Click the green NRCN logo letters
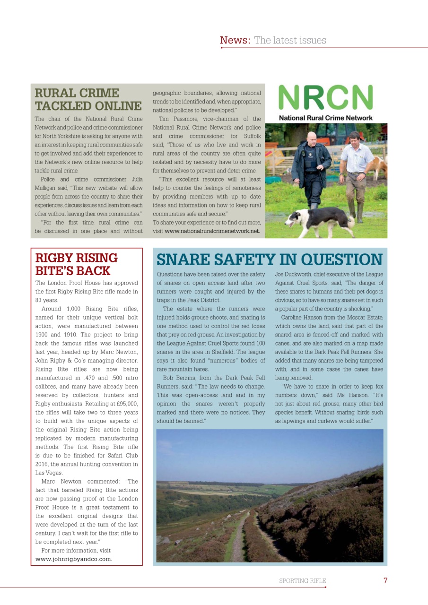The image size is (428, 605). pos(325,97)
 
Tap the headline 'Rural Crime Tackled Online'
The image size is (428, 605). pos(88,99)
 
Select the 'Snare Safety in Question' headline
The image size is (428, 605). pos(269,259)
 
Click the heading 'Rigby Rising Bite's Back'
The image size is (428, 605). pos(77,264)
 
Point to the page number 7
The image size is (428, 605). pos(385,580)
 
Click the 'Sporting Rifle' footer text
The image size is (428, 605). pos(302,581)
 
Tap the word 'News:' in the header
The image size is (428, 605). pos(235,40)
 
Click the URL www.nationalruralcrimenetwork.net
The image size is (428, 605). pos(212,231)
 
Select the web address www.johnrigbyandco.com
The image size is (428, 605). pos(74,559)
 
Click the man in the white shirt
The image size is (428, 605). pos(356,165)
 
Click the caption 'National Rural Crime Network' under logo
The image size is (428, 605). pos(325,118)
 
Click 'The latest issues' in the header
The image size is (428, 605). pos(290,40)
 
